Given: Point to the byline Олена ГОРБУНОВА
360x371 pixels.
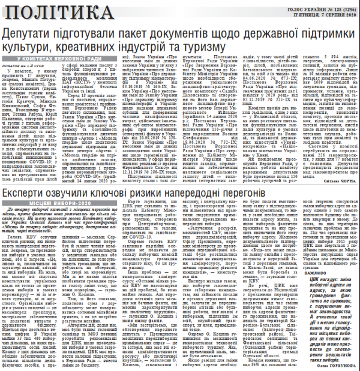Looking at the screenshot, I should click(334, 365).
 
